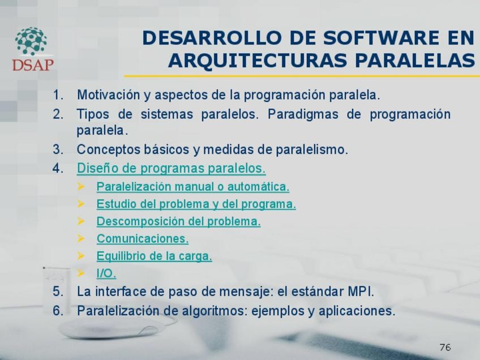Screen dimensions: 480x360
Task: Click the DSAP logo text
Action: click(33, 65)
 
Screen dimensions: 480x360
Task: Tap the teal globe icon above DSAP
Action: click(31, 41)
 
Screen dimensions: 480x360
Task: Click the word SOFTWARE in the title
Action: click(381, 38)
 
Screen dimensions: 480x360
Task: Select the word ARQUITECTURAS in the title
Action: click(258, 61)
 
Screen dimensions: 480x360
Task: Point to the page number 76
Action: click(445, 347)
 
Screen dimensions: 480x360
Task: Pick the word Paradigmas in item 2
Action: click(303, 114)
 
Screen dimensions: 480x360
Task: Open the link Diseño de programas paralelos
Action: click(171, 168)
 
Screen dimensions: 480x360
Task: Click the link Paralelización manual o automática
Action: click(193, 186)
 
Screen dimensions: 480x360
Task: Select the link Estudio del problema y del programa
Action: click(196, 204)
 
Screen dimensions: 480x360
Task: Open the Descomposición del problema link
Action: click(178, 221)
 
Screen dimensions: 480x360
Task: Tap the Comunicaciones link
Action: click(143, 238)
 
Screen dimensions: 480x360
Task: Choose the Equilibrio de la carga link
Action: click(155, 256)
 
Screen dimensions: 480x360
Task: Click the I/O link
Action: click(106, 273)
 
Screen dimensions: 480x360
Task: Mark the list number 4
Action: click(58, 168)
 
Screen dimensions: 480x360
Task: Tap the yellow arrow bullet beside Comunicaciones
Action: click(81, 238)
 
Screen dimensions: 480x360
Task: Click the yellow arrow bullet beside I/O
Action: click(81, 273)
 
